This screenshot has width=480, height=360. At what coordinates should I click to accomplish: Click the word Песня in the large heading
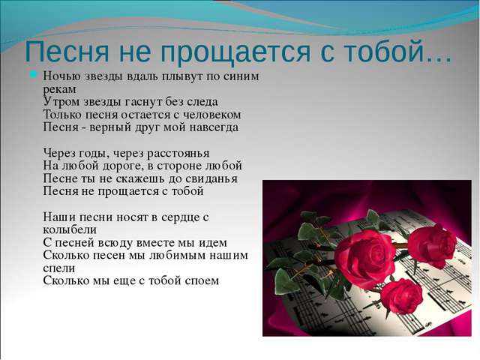click(x=67, y=51)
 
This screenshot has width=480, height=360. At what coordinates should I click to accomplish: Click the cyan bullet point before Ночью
click(x=33, y=74)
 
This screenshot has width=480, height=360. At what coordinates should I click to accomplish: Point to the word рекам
click(x=59, y=90)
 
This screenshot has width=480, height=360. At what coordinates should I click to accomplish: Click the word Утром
click(x=61, y=102)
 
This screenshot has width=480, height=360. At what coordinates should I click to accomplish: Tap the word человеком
click(x=211, y=115)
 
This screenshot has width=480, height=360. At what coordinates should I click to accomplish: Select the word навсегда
click(x=214, y=127)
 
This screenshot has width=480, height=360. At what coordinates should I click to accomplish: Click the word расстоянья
click(x=178, y=153)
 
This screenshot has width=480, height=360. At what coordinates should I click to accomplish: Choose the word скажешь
click(x=140, y=178)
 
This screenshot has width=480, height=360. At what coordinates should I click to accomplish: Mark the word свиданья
click(x=211, y=178)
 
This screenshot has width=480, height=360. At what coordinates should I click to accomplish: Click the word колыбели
click(x=70, y=230)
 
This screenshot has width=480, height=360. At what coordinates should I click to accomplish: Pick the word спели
click(x=58, y=268)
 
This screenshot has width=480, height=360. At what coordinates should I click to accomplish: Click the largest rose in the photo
click(x=364, y=259)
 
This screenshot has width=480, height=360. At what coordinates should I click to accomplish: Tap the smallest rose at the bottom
click(x=402, y=295)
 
